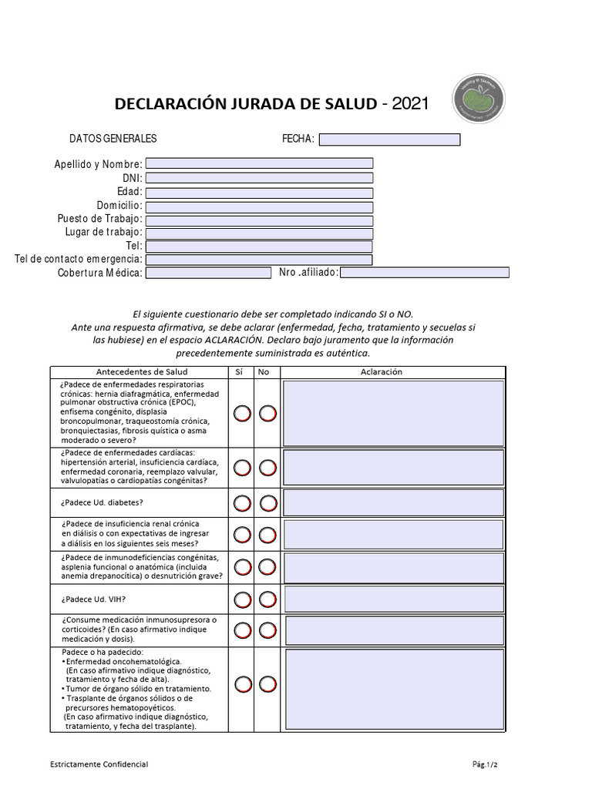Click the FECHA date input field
coord(389,139)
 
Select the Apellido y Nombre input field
coord(259,163)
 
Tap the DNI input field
coord(259,178)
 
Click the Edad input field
coord(259,193)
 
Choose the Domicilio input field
coord(259,206)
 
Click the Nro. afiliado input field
coord(425,273)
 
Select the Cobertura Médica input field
coord(208,273)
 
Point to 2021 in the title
coord(409,103)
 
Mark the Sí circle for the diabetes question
coord(242,504)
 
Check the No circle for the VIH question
coord(267,599)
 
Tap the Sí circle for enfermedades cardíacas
coord(242,468)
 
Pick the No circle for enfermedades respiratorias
coord(267,414)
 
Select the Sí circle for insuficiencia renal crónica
coord(242,534)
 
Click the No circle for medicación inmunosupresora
coord(267,631)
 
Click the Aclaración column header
coord(382,372)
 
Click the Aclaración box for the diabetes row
coord(393,503)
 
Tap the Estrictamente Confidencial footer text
coord(99,764)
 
